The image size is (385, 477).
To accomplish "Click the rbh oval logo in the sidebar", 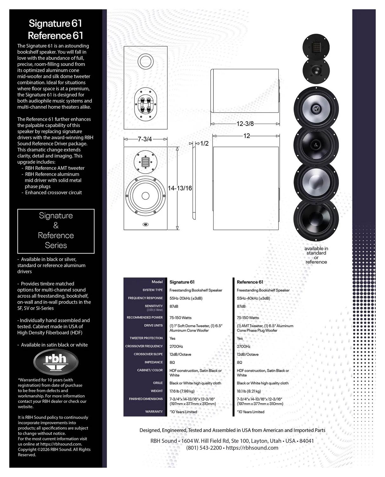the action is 56,362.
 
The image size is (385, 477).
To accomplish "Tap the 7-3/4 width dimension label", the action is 145,139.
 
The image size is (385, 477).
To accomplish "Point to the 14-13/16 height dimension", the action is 180,188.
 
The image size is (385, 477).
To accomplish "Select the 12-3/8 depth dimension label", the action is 245,124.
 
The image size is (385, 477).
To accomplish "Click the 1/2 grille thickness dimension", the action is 205,143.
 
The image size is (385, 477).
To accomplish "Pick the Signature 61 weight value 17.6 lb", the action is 182,391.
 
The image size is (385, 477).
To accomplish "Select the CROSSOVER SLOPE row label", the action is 148,354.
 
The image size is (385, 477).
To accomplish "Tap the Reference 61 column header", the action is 250,282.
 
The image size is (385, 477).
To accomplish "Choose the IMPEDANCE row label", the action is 153,362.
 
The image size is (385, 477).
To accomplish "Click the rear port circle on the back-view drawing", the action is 145,61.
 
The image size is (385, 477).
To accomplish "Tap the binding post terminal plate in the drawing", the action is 145,104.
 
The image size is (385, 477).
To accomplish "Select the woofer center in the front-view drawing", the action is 145,196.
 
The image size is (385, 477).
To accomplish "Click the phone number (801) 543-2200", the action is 204,448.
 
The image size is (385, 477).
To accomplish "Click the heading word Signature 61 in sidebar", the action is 55,23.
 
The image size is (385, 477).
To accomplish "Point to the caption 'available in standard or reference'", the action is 316,255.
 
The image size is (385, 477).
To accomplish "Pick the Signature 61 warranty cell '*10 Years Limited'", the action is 183,412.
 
